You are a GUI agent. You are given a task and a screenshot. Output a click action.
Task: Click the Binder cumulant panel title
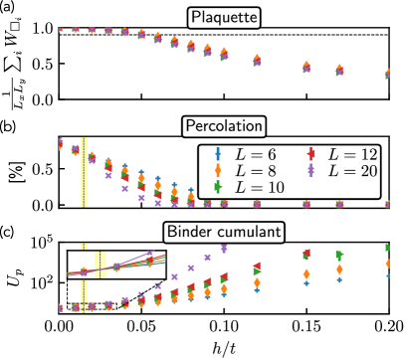pos(224,233)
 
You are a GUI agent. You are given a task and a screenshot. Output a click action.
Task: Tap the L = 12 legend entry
pos(337,151)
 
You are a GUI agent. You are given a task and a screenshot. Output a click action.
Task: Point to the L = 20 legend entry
pos(337,169)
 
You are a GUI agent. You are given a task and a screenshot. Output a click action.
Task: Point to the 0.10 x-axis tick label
pos(224,327)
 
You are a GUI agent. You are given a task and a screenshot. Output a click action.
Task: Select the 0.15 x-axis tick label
pos(305,327)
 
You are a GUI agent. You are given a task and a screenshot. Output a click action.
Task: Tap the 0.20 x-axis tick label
pos(386,327)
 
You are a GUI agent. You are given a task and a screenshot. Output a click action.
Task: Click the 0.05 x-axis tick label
pos(142,327)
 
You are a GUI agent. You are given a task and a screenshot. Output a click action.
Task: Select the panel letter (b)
pos(8,126)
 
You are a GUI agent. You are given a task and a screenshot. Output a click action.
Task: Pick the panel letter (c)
pos(8,232)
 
